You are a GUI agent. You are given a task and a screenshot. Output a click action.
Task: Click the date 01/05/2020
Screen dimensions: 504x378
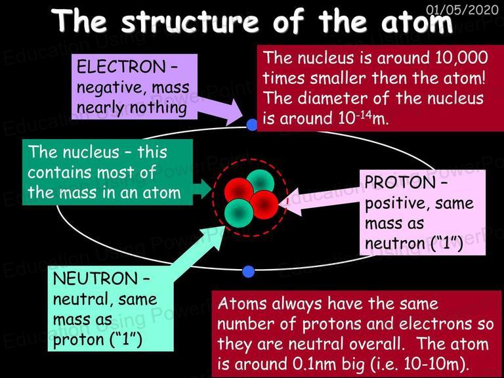coord(462,9)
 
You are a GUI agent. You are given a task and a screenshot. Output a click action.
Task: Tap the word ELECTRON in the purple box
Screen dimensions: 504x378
coord(121,67)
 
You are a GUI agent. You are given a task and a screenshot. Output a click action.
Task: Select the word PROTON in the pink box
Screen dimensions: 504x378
coord(400,182)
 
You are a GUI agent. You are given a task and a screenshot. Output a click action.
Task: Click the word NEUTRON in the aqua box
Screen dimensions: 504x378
coord(95,278)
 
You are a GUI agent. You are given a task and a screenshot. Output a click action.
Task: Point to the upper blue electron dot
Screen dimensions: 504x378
coord(252,125)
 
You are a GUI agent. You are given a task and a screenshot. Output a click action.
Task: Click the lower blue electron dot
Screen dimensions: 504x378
coord(249,272)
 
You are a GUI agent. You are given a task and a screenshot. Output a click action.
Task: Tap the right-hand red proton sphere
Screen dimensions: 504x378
coord(264,205)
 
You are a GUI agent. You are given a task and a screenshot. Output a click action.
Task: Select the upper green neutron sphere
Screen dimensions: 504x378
coord(261,181)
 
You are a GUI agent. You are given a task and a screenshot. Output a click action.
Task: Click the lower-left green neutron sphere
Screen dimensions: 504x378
coord(239,213)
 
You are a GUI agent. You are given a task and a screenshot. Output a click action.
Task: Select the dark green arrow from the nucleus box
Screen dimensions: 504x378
coord(202,189)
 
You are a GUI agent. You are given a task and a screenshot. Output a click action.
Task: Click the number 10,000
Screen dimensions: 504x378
coord(461,58)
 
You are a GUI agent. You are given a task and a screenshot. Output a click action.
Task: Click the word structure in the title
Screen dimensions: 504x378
coord(190,22)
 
